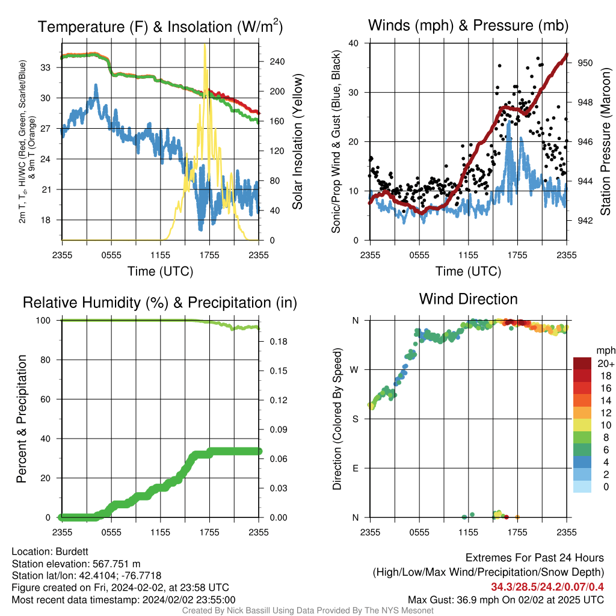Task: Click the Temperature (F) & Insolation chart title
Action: (160, 26)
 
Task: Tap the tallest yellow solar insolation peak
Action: (205, 46)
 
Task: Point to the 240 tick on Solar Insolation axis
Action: (277, 62)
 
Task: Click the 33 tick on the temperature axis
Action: (46, 67)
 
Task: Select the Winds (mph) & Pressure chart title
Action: (468, 25)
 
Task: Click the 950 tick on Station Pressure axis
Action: (585, 63)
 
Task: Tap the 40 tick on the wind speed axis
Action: (353, 43)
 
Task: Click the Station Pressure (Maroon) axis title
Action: (605, 141)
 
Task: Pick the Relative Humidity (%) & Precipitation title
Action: (160, 303)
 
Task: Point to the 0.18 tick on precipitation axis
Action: (279, 342)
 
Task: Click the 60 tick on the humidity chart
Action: (46, 399)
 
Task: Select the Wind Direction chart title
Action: (468, 299)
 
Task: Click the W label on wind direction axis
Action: (354, 370)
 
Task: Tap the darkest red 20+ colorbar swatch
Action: (582, 363)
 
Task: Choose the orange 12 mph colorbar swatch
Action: (582, 413)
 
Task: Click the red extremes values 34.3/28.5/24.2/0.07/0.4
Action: (547, 587)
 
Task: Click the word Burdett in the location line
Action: (72, 552)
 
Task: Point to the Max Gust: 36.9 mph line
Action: (506, 600)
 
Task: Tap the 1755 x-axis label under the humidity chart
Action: (209, 532)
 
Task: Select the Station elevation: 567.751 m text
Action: (76, 564)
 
